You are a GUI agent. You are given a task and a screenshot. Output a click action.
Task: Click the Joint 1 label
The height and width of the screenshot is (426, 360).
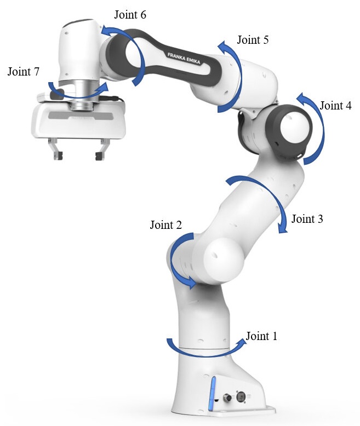[x=261, y=336]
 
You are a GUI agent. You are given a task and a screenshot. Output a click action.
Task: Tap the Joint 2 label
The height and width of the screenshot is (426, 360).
[x=166, y=225]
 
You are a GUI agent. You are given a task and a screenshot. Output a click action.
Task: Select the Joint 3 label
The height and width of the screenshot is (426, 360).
[x=307, y=219]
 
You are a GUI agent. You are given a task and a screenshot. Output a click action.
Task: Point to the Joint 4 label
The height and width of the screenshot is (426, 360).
[x=335, y=106]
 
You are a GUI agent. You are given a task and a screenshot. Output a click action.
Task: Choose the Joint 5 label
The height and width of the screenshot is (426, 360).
[x=253, y=39]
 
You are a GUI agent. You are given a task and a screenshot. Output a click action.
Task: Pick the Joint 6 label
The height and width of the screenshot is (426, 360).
[x=130, y=15]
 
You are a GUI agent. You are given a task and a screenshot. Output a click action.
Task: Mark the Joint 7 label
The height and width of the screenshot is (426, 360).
[x=24, y=71]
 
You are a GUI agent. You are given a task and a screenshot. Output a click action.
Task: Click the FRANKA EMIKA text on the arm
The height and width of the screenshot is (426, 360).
[x=184, y=59]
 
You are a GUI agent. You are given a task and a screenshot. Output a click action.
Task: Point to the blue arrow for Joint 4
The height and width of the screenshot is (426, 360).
[x=323, y=128]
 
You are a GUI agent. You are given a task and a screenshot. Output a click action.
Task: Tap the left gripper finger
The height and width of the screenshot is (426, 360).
[x=55, y=149]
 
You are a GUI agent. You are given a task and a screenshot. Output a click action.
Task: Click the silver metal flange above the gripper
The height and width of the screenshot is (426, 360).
[x=82, y=95]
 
